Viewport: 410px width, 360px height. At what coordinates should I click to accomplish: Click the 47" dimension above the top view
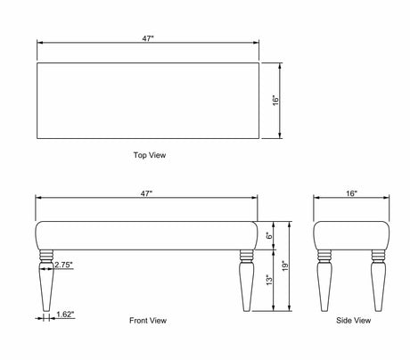pos(148,38)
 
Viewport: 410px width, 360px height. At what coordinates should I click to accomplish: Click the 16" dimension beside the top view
pos(276,101)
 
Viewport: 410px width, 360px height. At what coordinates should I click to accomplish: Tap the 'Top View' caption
pos(150,155)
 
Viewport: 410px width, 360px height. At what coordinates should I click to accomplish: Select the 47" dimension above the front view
pos(146,193)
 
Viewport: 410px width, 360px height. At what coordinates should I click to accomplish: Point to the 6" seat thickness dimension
pos(269,236)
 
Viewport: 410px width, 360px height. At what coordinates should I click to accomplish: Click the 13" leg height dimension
pos(269,280)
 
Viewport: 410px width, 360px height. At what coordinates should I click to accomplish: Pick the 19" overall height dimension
pos(285,266)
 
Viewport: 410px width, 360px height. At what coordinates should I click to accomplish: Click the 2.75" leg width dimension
pos(63,265)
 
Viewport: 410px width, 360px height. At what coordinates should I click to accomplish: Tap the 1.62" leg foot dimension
pos(65,315)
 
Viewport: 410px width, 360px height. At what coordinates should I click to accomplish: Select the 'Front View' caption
pos(148,320)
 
